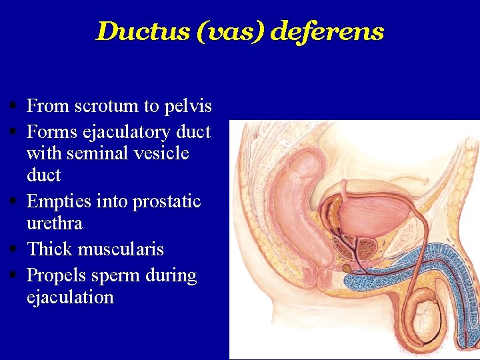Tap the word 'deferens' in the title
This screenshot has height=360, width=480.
(328, 31)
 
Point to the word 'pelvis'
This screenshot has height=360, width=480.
(189, 106)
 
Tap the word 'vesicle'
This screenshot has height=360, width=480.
(163, 153)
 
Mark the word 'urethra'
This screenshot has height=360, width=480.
(54, 223)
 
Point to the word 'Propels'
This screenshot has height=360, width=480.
(55, 275)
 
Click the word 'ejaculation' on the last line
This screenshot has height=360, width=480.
(70, 297)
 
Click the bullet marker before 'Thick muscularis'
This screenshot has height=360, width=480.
(13, 249)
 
